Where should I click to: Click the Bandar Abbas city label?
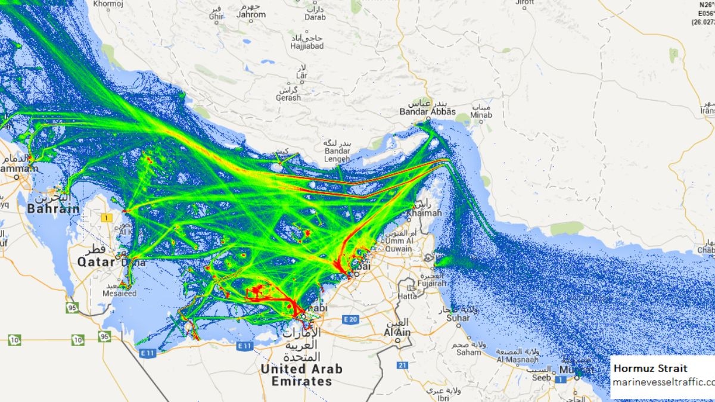427,111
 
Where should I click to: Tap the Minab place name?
481,115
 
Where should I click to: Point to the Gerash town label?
288,97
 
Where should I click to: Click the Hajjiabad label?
307,46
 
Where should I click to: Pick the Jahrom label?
251,14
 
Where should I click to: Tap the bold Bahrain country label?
53,209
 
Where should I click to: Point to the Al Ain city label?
397,332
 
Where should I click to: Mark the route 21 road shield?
403,365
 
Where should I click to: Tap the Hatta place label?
408,296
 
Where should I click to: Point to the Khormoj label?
107,4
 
